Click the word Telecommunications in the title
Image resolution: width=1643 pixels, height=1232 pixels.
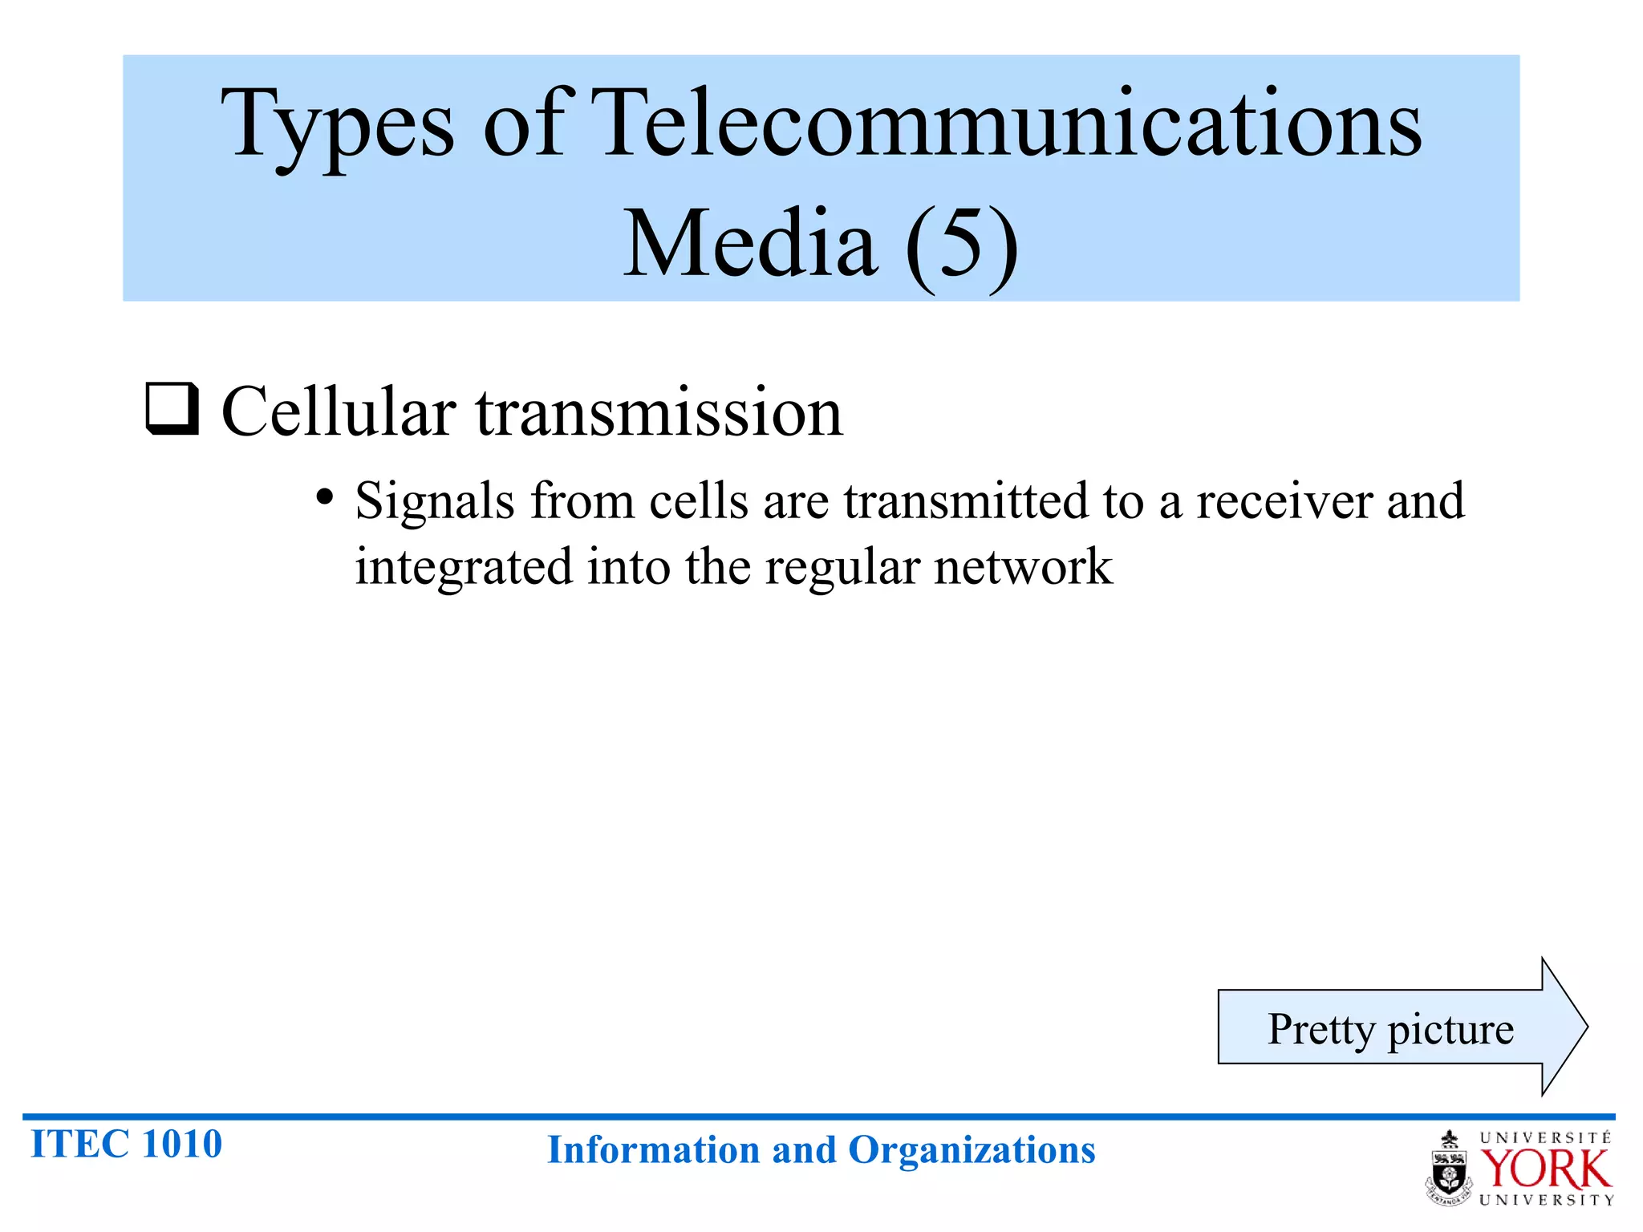[x=1008, y=124]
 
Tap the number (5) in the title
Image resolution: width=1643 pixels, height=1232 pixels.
[x=962, y=243]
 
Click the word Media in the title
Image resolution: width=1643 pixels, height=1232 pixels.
[x=750, y=243]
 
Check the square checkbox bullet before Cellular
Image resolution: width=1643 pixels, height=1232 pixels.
[x=172, y=409]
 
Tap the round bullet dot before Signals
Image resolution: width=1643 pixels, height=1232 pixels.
[x=324, y=498]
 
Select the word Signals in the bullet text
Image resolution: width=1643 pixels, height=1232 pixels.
[x=434, y=502]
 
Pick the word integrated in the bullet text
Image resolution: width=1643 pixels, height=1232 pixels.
[x=464, y=567]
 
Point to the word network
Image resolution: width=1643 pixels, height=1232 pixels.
[x=1023, y=566]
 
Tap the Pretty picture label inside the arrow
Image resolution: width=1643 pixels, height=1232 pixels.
[x=1390, y=1029]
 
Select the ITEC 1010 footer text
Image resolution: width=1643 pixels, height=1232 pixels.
[x=126, y=1144]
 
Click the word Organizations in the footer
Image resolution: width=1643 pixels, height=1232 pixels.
[x=972, y=1150]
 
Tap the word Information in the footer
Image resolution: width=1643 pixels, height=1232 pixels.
[x=653, y=1150]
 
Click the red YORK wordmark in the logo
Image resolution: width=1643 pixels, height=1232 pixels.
[x=1545, y=1169]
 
